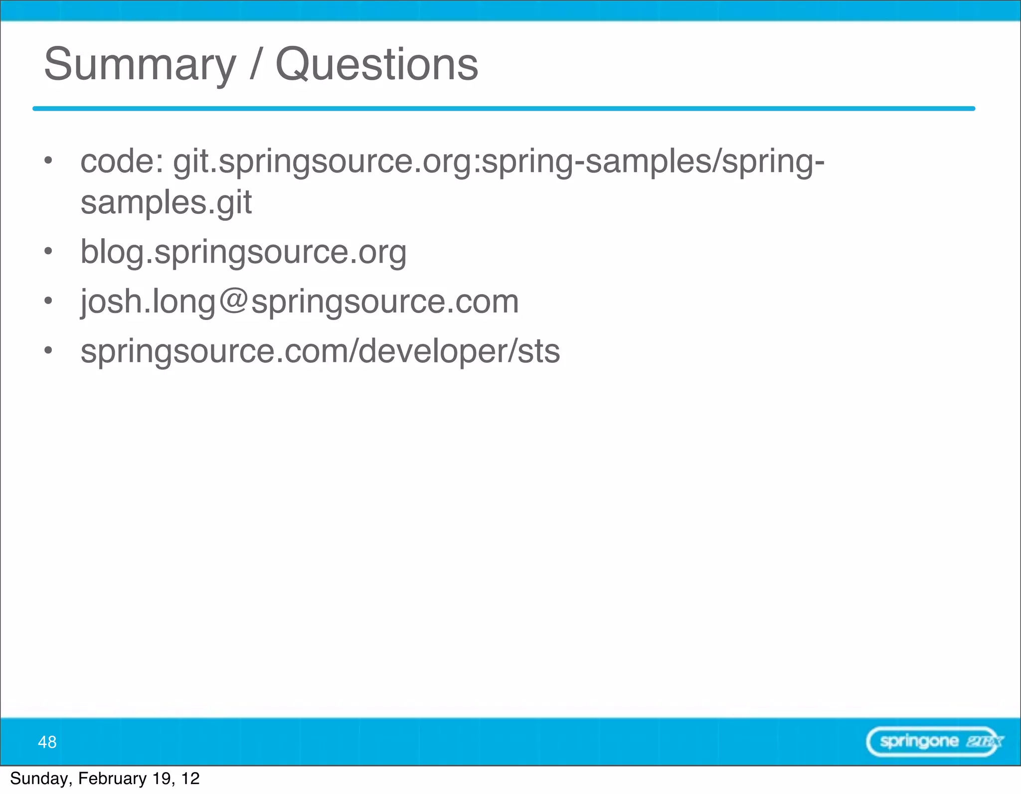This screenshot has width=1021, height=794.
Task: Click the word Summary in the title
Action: tap(140, 65)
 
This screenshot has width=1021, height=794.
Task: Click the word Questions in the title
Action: tap(376, 65)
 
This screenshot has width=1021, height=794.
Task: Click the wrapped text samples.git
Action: tap(166, 202)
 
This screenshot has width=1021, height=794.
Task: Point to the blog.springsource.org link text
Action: tap(243, 252)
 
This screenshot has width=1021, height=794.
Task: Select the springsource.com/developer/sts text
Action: tap(320, 351)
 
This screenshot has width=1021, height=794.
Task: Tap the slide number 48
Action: tap(47, 742)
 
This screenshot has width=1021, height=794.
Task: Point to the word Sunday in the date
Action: tap(40, 779)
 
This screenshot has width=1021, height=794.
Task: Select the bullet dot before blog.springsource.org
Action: tap(48, 251)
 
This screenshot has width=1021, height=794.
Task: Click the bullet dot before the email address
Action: tap(48, 301)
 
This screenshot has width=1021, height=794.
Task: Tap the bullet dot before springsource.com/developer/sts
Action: tap(48, 350)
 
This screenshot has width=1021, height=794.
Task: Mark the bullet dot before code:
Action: tap(48, 160)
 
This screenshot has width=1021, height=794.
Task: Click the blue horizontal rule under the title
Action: tap(504, 108)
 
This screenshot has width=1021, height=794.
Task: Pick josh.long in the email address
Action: tap(148, 302)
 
